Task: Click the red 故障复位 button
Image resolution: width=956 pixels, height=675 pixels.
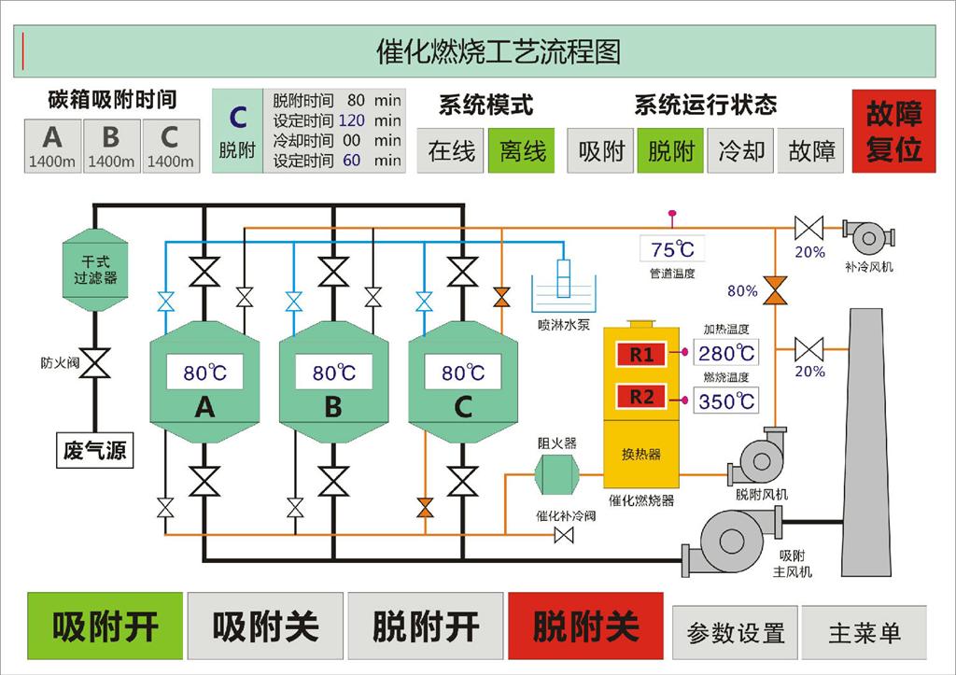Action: [x=893, y=131]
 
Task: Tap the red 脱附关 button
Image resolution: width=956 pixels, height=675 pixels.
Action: [x=585, y=626]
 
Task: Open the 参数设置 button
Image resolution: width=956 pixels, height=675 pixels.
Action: [x=735, y=632]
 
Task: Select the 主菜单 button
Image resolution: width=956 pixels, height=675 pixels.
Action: [x=865, y=632]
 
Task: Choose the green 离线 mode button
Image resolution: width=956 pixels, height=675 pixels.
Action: [x=521, y=150]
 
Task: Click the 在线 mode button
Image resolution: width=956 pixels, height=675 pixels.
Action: [x=452, y=150]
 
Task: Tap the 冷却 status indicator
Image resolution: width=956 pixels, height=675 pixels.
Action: [x=741, y=150]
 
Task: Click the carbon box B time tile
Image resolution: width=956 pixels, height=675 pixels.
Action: [x=111, y=146]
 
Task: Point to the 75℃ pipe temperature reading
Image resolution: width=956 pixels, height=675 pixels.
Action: [x=673, y=249]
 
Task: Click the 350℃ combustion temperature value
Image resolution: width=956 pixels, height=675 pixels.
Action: [x=726, y=401]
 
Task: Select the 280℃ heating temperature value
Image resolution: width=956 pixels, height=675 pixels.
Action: [x=726, y=353]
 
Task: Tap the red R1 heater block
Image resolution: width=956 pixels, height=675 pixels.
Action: [x=641, y=354]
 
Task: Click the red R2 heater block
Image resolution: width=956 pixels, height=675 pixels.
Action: [x=641, y=397]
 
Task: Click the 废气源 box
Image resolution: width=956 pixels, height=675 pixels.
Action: [x=93, y=451]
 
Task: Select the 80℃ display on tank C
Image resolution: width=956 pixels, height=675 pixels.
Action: [x=463, y=373]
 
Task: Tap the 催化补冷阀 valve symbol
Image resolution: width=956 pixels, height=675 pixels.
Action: [x=564, y=535]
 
